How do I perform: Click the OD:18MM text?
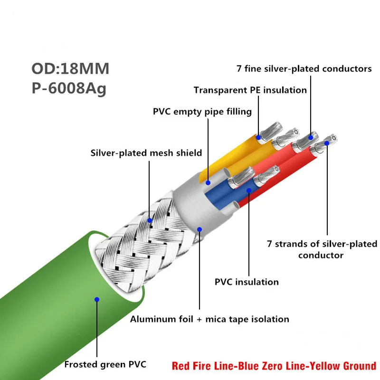click(70, 68)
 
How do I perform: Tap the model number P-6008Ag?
click(69, 89)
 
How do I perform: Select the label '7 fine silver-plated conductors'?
click(304, 69)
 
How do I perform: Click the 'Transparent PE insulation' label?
click(250, 90)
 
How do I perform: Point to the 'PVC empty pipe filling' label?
click(202, 112)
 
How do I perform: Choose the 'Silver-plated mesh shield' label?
click(146, 153)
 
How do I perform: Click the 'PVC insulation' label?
click(247, 282)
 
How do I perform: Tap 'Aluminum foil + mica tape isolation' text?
click(209, 319)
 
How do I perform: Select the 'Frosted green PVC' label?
click(105, 365)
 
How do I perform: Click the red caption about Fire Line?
click(274, 366)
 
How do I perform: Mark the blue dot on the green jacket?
click(96, 299)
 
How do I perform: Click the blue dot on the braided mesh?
click(150, 220)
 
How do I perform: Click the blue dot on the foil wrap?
click(200, 229)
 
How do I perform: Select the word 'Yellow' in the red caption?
click(325, 366)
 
